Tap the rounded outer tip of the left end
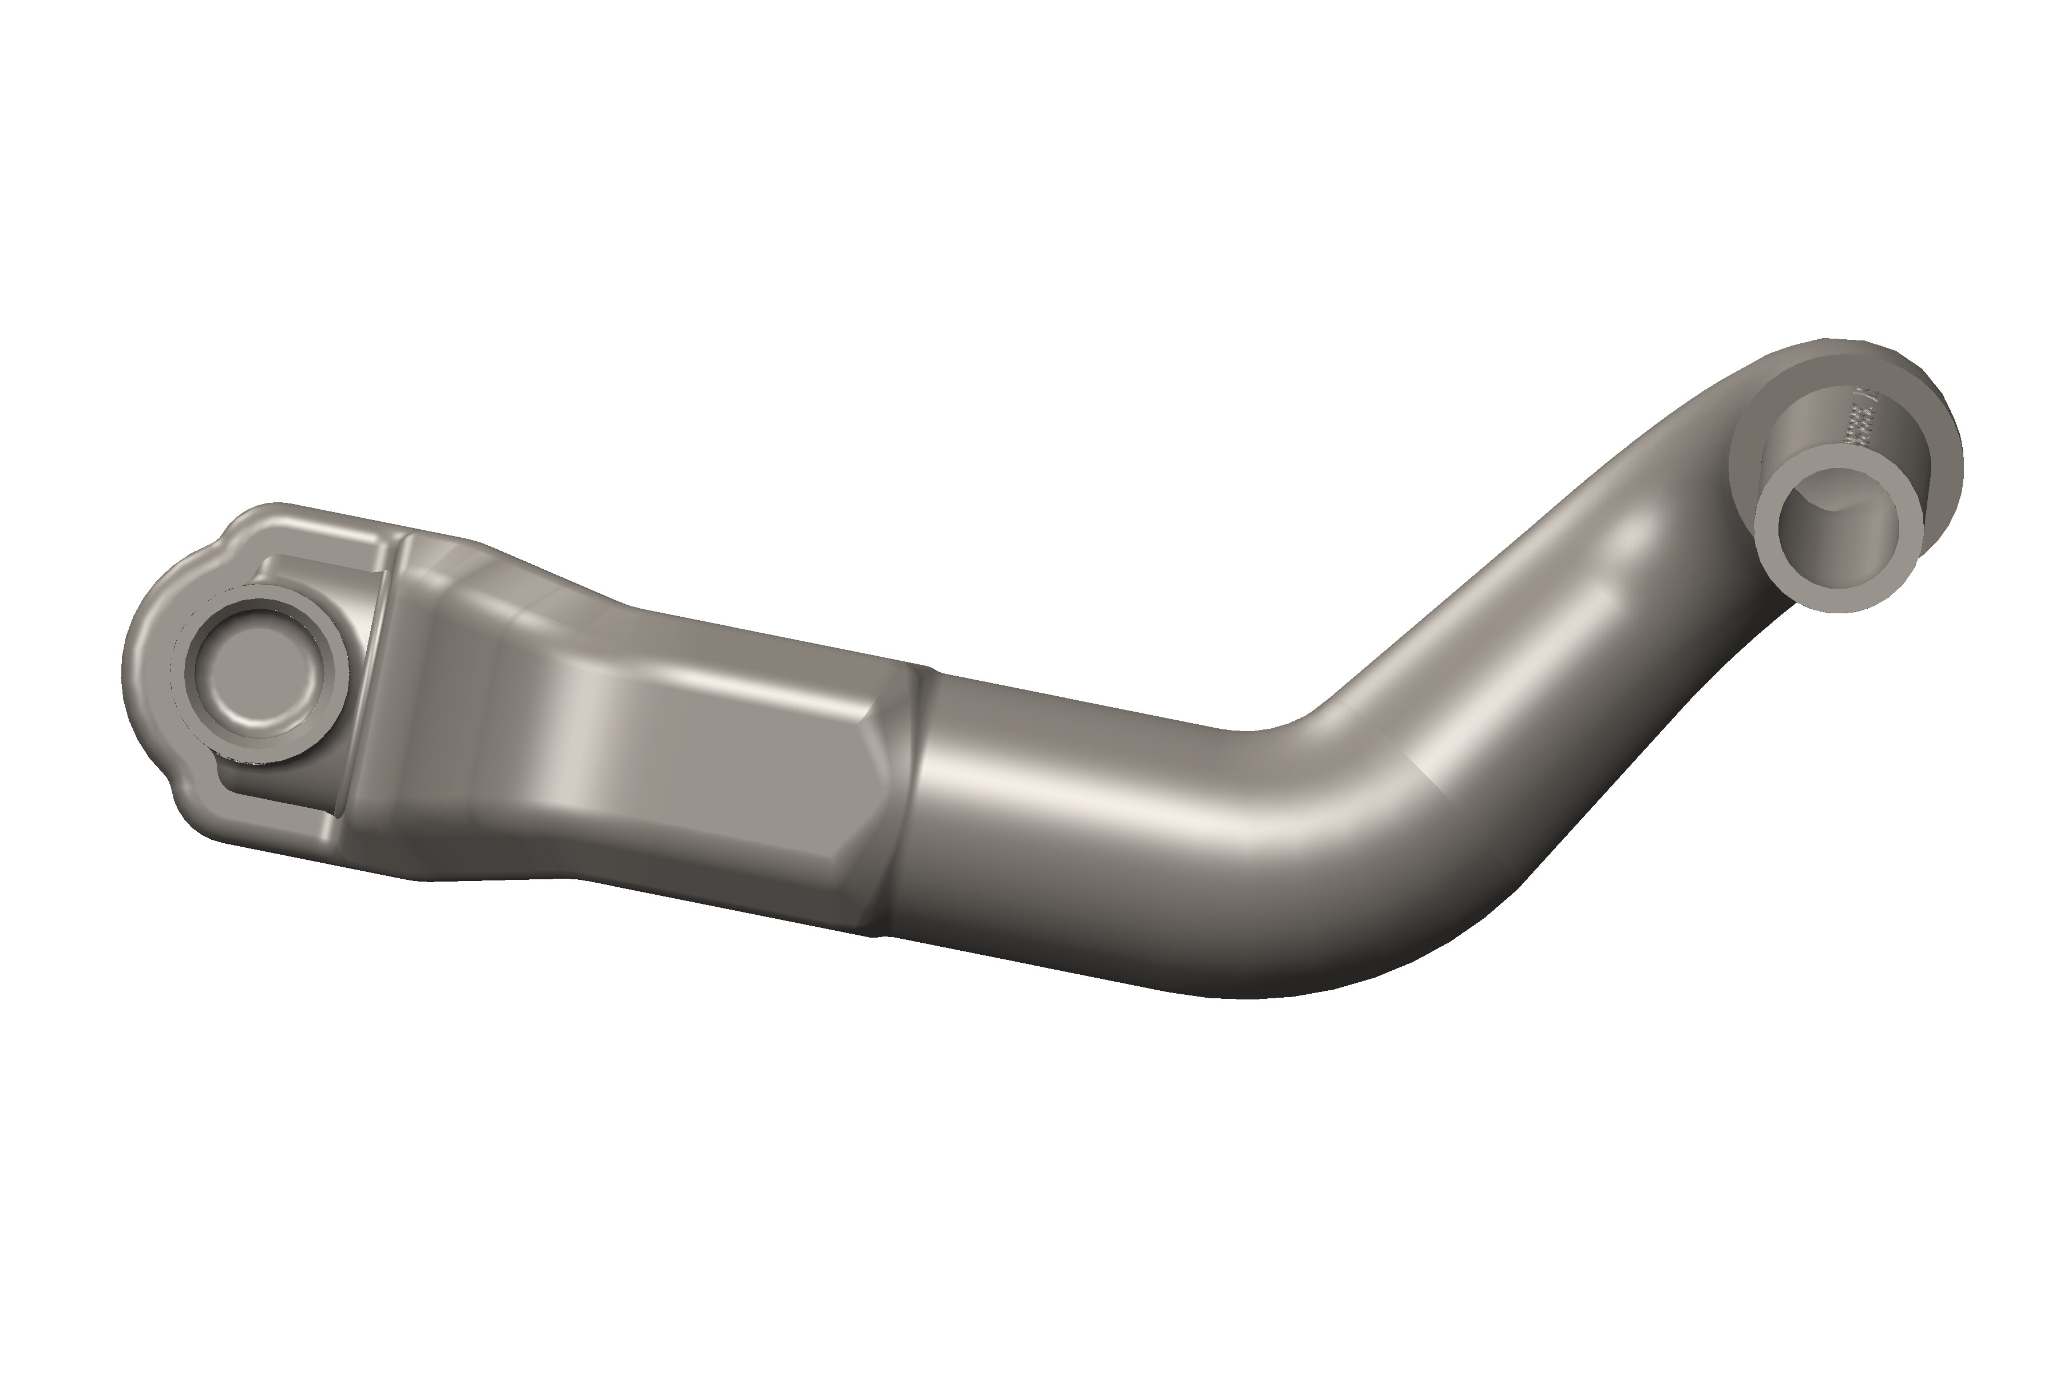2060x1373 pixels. pos(132,674)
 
